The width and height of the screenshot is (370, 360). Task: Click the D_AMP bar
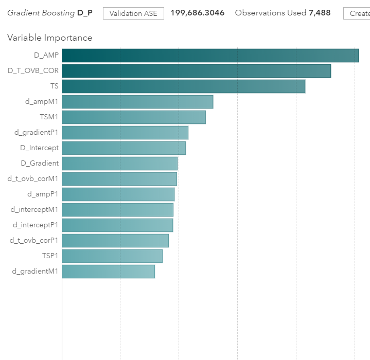210,55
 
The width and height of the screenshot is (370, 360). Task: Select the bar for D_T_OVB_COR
196,70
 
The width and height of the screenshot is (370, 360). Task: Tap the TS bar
183,86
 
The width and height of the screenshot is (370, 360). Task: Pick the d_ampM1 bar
137,101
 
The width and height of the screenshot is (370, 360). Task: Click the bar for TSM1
133,117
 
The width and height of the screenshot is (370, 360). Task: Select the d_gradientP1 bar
125,132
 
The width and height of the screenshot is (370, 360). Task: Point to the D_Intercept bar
124,148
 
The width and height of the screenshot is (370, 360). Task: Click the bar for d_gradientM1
108,271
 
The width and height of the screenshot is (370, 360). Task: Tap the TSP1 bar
112,256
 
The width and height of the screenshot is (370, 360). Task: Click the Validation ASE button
133,13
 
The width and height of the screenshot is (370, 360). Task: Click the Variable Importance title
50,38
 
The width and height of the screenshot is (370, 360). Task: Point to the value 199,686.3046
197,13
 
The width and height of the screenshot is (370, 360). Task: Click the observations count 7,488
320,13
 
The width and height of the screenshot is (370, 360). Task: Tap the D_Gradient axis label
40,163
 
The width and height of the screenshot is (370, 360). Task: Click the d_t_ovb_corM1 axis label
33,178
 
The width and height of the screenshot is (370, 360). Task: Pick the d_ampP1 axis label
43,194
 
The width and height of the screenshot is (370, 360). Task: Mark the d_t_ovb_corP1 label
34,240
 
